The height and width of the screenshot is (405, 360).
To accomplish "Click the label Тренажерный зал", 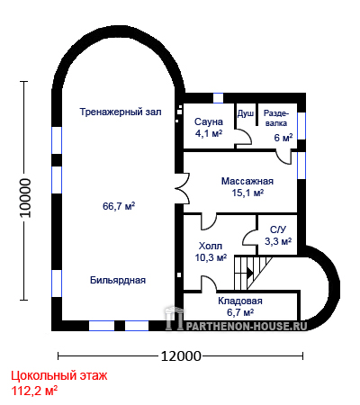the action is coord(121,112).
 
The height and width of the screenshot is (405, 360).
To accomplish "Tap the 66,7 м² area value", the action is coord(119,206).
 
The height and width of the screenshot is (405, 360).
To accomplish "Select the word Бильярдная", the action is coord(118,280).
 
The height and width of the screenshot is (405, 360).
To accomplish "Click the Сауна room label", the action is coord(209,121).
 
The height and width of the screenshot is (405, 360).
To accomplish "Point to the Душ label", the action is coord(246,113).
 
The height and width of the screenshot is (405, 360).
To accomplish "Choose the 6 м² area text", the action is coord(283,138).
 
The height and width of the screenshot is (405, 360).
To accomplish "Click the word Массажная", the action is coord(247,181).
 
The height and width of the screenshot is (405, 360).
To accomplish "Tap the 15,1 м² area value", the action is coord(247,193).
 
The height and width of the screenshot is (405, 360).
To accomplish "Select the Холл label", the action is coord(211,246).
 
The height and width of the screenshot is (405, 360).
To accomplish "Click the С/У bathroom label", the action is coord(278,229).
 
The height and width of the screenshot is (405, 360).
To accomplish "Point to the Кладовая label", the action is coord(240,301).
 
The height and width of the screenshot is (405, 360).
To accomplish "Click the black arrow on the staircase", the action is coord(250,273).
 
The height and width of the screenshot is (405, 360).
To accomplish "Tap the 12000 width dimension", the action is coord(181,356).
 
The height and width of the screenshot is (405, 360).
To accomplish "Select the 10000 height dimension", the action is coord(25,198).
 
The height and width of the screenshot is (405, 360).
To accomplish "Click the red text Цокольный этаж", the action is coord(59,375).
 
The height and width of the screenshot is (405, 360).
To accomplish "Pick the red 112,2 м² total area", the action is coord(34,391).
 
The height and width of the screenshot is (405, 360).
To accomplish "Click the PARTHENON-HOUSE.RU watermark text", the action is coord(247,326).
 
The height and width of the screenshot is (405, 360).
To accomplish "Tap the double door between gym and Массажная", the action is coord(182,189).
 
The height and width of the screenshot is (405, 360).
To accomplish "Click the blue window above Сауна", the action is coord(219,98).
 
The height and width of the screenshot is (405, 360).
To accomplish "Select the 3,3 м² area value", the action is coord(278,241).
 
